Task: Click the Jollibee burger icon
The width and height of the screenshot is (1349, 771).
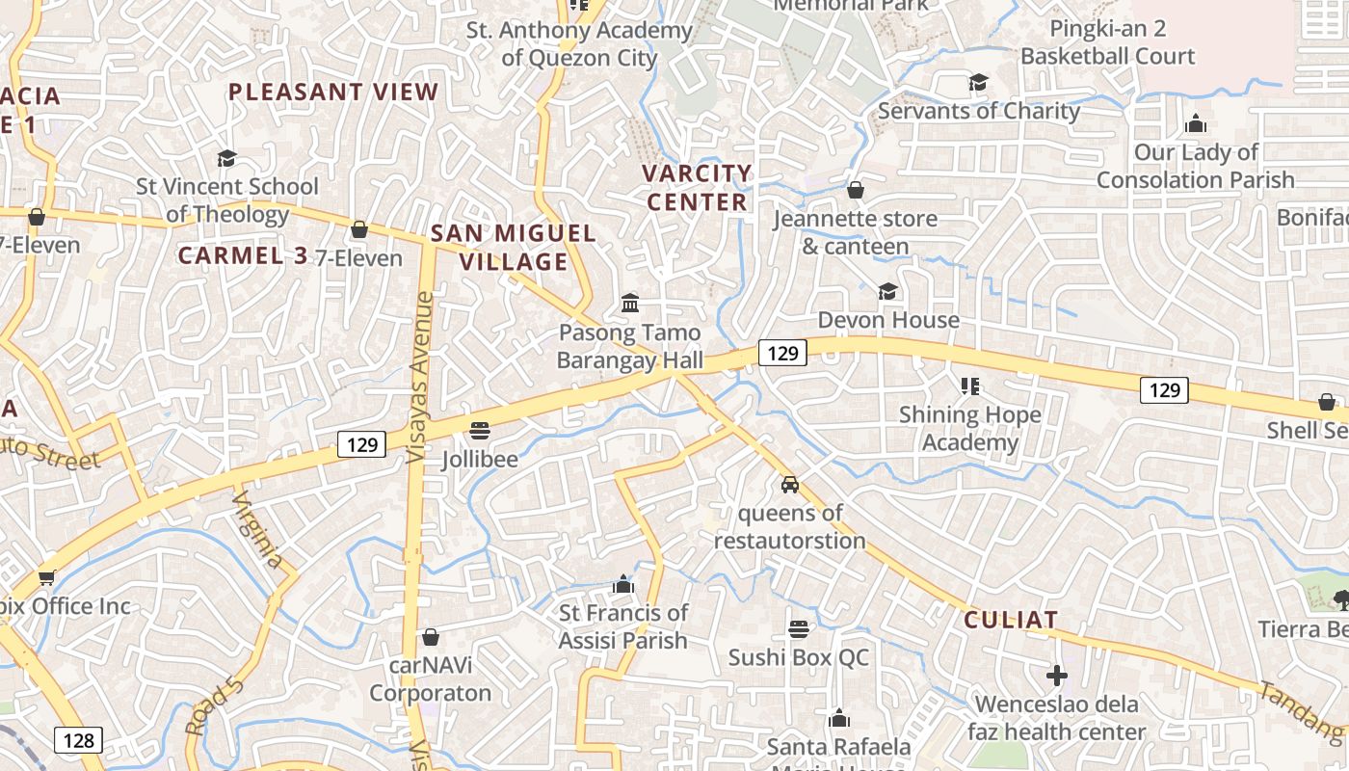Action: (480, 429)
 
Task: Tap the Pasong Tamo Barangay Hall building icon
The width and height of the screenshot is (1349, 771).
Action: (630, 304)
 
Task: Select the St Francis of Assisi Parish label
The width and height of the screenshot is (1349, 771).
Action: (623, 626)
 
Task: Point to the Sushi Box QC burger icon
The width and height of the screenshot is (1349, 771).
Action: (798, 629)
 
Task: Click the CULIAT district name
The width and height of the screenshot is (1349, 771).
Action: (1011, 620)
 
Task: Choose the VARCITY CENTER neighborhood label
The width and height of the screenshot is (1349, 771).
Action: (698, 188)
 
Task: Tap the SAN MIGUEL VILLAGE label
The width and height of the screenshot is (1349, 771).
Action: (513, 248)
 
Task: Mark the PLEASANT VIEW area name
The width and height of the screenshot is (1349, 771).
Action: (333, 93)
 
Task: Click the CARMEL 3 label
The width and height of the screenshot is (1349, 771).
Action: (243, 255)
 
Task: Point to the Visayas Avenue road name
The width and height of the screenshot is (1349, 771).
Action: (420, 376)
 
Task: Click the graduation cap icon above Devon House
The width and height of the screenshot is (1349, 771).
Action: (887, 291)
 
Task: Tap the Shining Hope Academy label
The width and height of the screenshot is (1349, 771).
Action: (969, 429)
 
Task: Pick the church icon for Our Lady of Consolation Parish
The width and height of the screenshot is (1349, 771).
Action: (1196, 123)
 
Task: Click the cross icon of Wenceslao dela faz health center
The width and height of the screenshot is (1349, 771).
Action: (1057, 676)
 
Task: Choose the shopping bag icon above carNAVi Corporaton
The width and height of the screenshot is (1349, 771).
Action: (431, 637)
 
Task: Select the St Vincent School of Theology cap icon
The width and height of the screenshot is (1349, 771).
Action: (226, 158)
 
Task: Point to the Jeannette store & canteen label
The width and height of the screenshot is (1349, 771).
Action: (855, 232)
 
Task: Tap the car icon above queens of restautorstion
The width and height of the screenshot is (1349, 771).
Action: (789, 484)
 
